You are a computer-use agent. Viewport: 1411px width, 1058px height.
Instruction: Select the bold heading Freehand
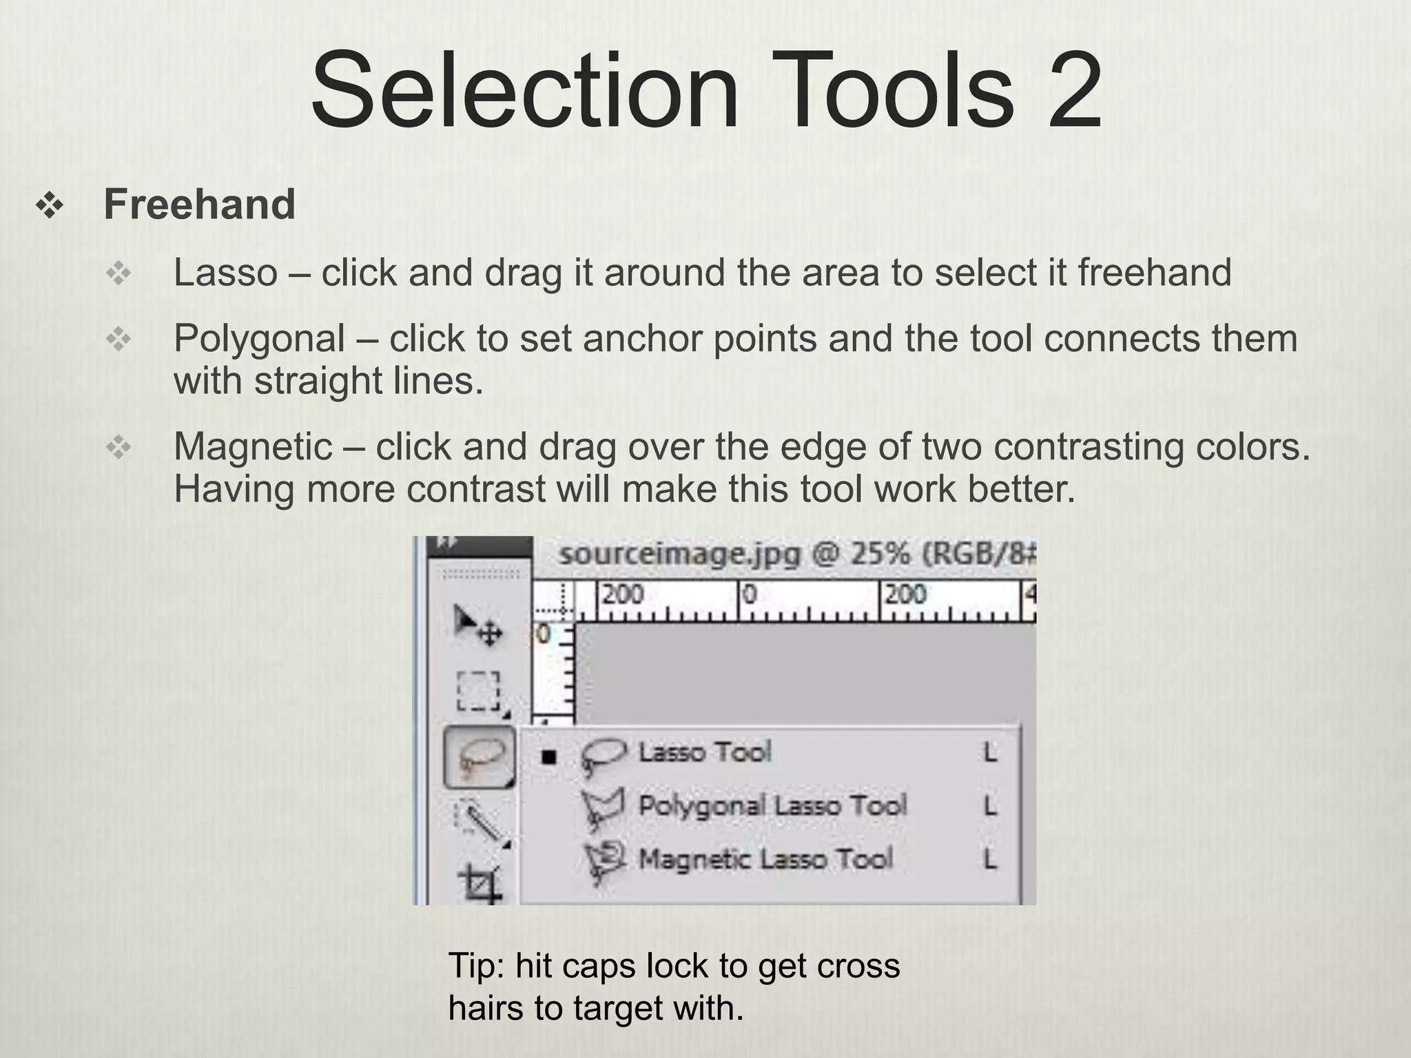[199, 205]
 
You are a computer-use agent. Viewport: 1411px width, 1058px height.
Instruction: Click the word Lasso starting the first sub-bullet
[225, 273]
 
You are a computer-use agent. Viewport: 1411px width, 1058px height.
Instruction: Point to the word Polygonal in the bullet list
[259, 339]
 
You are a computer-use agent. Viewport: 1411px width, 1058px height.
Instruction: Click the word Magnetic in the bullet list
[253, 447]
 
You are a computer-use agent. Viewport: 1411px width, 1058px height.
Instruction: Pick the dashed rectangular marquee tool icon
[478, 690]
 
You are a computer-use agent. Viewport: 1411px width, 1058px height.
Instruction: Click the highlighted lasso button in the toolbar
[479, 757]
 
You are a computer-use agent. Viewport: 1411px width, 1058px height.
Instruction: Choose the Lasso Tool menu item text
[704, 752]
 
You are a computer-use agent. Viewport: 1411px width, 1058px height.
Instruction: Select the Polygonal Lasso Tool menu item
[772, 805]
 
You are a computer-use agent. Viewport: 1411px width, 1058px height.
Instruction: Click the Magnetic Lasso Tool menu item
[765, 859]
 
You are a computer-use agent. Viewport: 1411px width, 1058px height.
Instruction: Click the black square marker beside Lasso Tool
[548, 758]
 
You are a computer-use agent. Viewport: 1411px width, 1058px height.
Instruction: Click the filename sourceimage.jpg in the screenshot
[679, 554]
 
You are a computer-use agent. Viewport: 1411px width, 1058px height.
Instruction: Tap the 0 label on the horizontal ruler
[750, 594]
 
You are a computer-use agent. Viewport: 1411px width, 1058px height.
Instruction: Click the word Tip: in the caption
[476, 966]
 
